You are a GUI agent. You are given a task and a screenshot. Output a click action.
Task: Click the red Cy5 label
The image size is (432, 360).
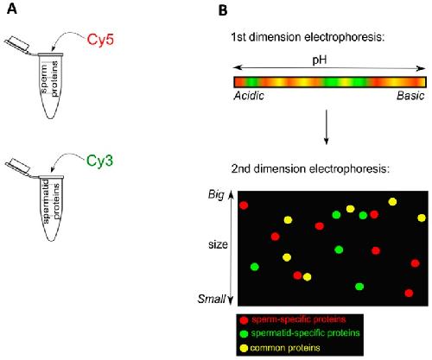100,40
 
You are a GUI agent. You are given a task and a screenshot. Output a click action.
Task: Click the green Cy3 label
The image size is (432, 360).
99,161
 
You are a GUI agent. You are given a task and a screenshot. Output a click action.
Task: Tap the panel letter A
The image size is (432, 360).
12,9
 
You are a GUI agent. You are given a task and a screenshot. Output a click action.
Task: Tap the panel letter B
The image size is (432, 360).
223,10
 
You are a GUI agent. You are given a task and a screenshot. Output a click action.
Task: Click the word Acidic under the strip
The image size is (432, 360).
249,96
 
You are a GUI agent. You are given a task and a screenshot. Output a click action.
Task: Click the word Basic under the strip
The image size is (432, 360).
410,96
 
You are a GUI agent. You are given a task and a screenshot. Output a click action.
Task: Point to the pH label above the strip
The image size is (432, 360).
320,60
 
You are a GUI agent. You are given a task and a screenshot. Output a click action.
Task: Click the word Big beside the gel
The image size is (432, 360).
216,195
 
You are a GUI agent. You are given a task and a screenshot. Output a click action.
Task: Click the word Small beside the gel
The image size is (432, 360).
212,299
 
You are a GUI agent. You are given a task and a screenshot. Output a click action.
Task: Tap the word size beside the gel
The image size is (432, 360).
218,244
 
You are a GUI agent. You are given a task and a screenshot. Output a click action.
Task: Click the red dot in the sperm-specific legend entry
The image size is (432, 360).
245,320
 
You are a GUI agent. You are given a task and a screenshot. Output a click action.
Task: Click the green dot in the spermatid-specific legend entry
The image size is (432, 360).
245,334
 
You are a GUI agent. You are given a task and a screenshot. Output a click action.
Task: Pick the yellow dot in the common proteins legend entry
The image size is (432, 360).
245,348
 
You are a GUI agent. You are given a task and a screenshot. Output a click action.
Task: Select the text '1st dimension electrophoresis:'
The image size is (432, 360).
308,37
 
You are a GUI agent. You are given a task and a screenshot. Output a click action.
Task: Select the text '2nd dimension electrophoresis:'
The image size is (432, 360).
310,168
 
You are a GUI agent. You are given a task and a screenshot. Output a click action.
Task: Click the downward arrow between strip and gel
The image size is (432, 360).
326,127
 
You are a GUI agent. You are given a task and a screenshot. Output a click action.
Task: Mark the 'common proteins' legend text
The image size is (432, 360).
285,348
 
